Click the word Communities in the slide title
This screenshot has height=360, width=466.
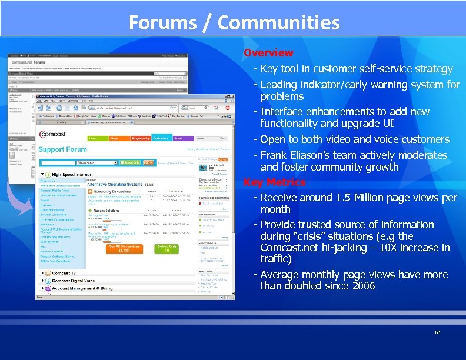pyautogui.click(x=278, y=23)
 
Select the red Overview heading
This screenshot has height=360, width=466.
pyautogui.click(x=268, y=54)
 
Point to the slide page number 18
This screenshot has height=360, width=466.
pyautogui.click(x=437, y=332)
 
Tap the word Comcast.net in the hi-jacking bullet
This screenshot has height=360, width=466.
pyautogui.click(x=288, y=248)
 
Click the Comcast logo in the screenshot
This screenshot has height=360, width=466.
pyautogui.click(x=53, y=134)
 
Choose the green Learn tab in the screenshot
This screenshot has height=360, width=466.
pyautogui.click(x=93, y=138)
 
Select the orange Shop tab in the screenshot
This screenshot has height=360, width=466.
pyautogui.click(x=114, y=138)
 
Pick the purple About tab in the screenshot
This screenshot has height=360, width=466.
pyautogui.click(x=178, y=138)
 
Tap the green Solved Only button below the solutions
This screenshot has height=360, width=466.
pyautogui.click(x=167, y=248)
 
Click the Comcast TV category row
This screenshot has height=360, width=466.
pyautogui.click(x=65, y=274)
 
